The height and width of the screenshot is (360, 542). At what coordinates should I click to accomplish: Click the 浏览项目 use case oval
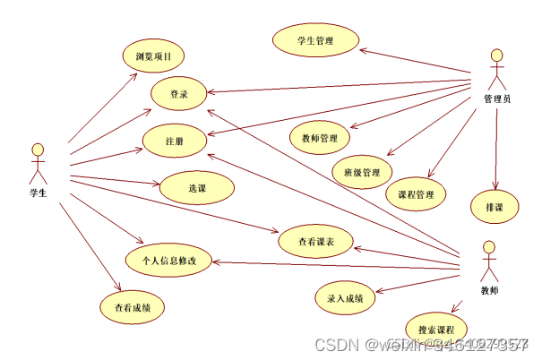coord(154,57)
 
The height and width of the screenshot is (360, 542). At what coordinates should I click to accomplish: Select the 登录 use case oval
coord(178,93)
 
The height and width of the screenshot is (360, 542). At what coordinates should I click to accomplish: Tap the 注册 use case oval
coord(176,141)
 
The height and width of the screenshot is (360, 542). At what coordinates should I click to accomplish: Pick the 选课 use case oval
coord(197,188)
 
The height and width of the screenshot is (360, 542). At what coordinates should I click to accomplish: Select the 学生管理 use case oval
coord(315,41)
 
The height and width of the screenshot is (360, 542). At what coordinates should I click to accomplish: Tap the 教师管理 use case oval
coord(320,138)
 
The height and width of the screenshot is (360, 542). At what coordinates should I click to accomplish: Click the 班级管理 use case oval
coord(357,171)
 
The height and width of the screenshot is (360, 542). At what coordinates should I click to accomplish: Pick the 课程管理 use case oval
coord(416,193)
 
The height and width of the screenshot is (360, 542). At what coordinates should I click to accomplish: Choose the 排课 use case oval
coord(495,207)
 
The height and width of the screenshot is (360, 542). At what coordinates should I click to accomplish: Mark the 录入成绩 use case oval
coord(346,297)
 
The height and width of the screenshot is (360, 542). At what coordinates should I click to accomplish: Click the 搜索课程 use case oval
coord(436,329)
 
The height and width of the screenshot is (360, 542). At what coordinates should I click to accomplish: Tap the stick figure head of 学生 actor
coord(38,149)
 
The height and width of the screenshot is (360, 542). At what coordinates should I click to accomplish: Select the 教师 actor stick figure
coord(488,261)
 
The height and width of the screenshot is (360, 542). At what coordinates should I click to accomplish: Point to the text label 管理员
coord(497,99)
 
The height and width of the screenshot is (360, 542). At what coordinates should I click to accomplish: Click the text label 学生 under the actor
coord(38,192)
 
